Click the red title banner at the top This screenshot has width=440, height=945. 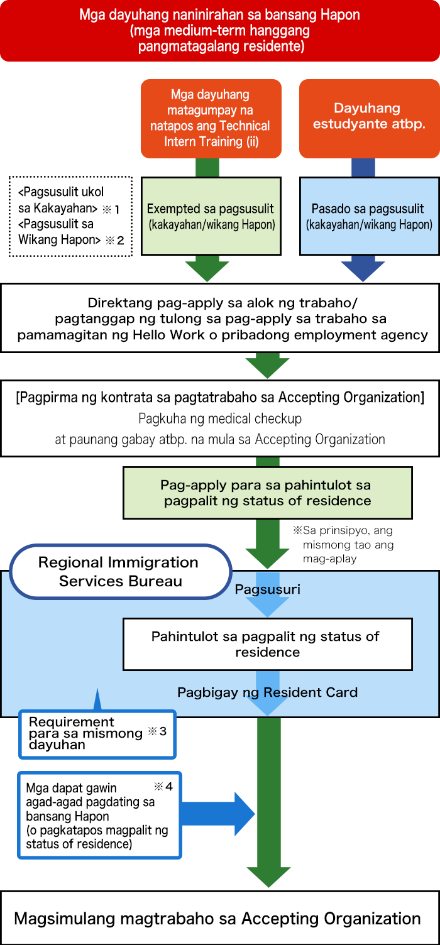point(220,30)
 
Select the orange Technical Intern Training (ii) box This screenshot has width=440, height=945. point(211,119)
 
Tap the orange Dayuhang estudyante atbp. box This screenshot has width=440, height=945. point(370,119)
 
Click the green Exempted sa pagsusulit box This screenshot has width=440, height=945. point(211,216)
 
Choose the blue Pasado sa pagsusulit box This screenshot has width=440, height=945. point(370,216)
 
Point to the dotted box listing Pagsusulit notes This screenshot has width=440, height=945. point(70,216)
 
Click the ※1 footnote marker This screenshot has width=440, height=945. point(111,209)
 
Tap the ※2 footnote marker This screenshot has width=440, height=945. point(114,241)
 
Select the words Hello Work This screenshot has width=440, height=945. point(158,334)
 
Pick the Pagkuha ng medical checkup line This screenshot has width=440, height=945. point(220,418)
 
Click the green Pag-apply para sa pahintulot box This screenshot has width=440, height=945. point(268,493)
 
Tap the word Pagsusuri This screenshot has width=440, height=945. point(268,589)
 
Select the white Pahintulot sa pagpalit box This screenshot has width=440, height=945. point(268,644)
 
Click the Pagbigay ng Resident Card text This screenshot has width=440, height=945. point(268,692)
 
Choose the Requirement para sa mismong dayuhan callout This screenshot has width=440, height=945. point(97,734)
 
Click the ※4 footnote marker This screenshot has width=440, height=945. point(163,787)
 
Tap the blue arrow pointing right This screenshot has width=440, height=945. point(218,814)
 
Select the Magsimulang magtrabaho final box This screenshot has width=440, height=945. point(220,919)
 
